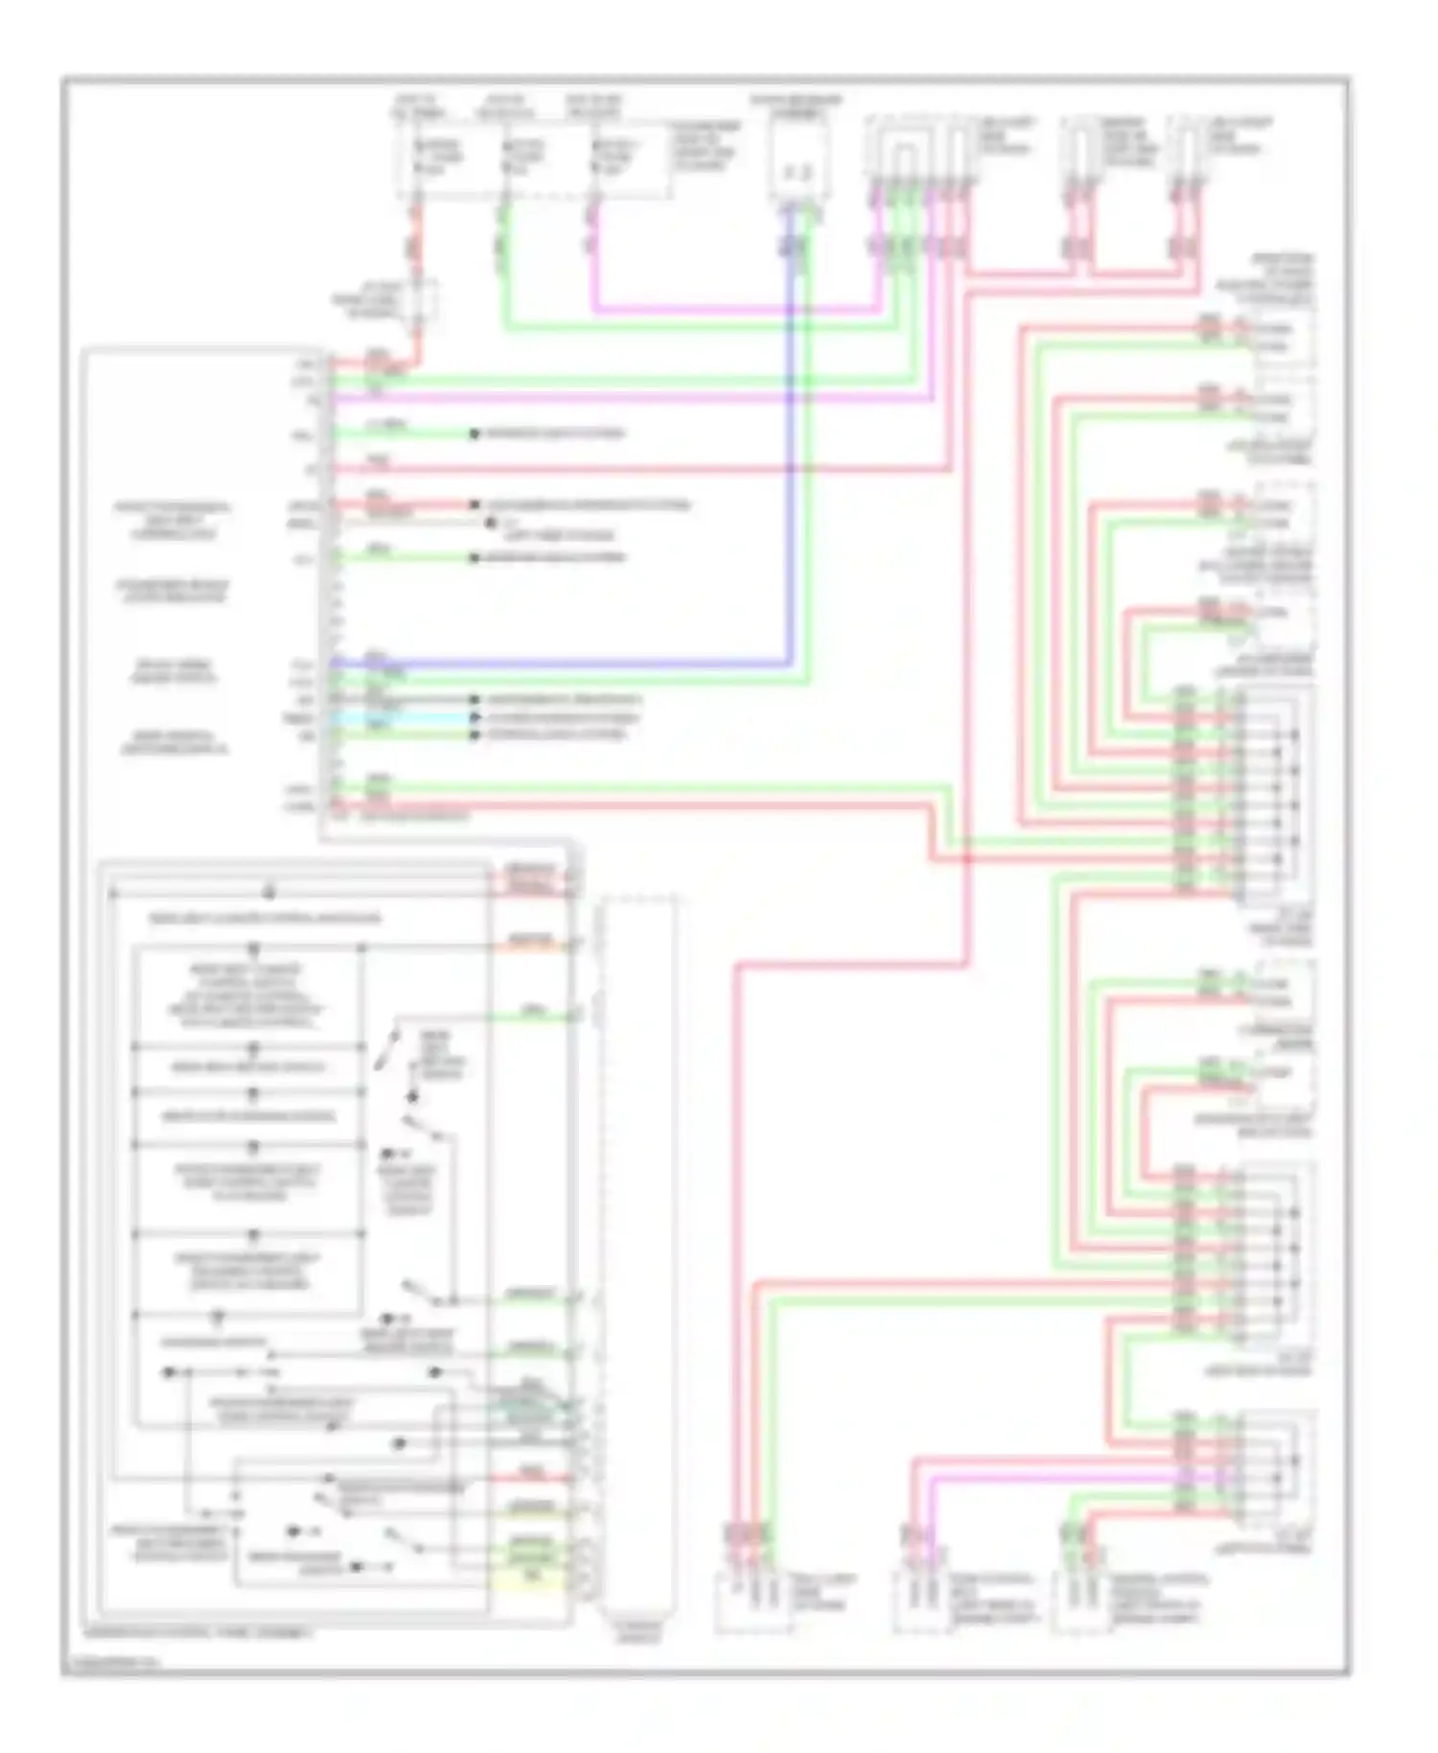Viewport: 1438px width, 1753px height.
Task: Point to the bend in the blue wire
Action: [x=791, y=662]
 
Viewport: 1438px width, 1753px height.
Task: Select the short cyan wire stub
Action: [x=403, y=717]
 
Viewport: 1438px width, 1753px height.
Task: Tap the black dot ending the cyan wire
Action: [x=474, y=717]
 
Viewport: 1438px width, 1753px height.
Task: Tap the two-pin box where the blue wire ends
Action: [x=799, y=168]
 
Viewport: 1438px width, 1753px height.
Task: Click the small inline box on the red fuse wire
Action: [x=420, y=299]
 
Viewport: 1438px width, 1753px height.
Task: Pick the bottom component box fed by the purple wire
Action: [x=923, y=1597]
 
